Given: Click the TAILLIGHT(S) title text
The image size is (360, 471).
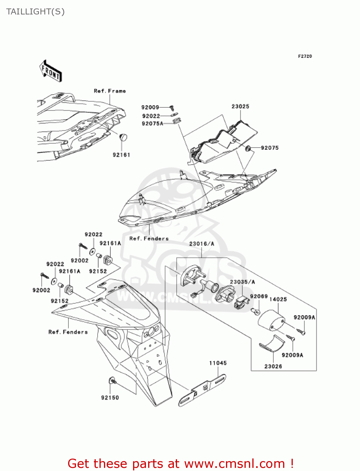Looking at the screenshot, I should point(35,12).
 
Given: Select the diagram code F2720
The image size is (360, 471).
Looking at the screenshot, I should point(305,56).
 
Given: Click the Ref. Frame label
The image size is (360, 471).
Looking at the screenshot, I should point(110,91).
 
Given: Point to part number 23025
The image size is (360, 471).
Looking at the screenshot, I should point(240,106).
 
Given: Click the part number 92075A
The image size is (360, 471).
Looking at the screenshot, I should point(153,124).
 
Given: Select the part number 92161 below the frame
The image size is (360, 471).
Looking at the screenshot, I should point(121,155).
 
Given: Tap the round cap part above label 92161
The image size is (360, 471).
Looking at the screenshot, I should point(123,137).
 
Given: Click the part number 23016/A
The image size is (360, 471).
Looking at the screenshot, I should point(201,244).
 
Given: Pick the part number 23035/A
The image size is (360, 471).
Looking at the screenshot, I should point(242,282).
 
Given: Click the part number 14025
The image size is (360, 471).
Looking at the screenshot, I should point(278,299).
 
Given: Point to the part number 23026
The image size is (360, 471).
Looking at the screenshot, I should point(273,366).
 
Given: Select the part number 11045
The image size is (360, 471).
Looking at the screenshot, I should point(218,363).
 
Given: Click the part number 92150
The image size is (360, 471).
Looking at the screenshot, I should point(110,398).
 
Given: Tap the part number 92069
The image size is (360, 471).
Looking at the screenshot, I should point(259,296).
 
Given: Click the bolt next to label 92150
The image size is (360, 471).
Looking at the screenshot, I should point(113,381).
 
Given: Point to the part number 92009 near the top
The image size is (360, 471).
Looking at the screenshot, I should point(150,107).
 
